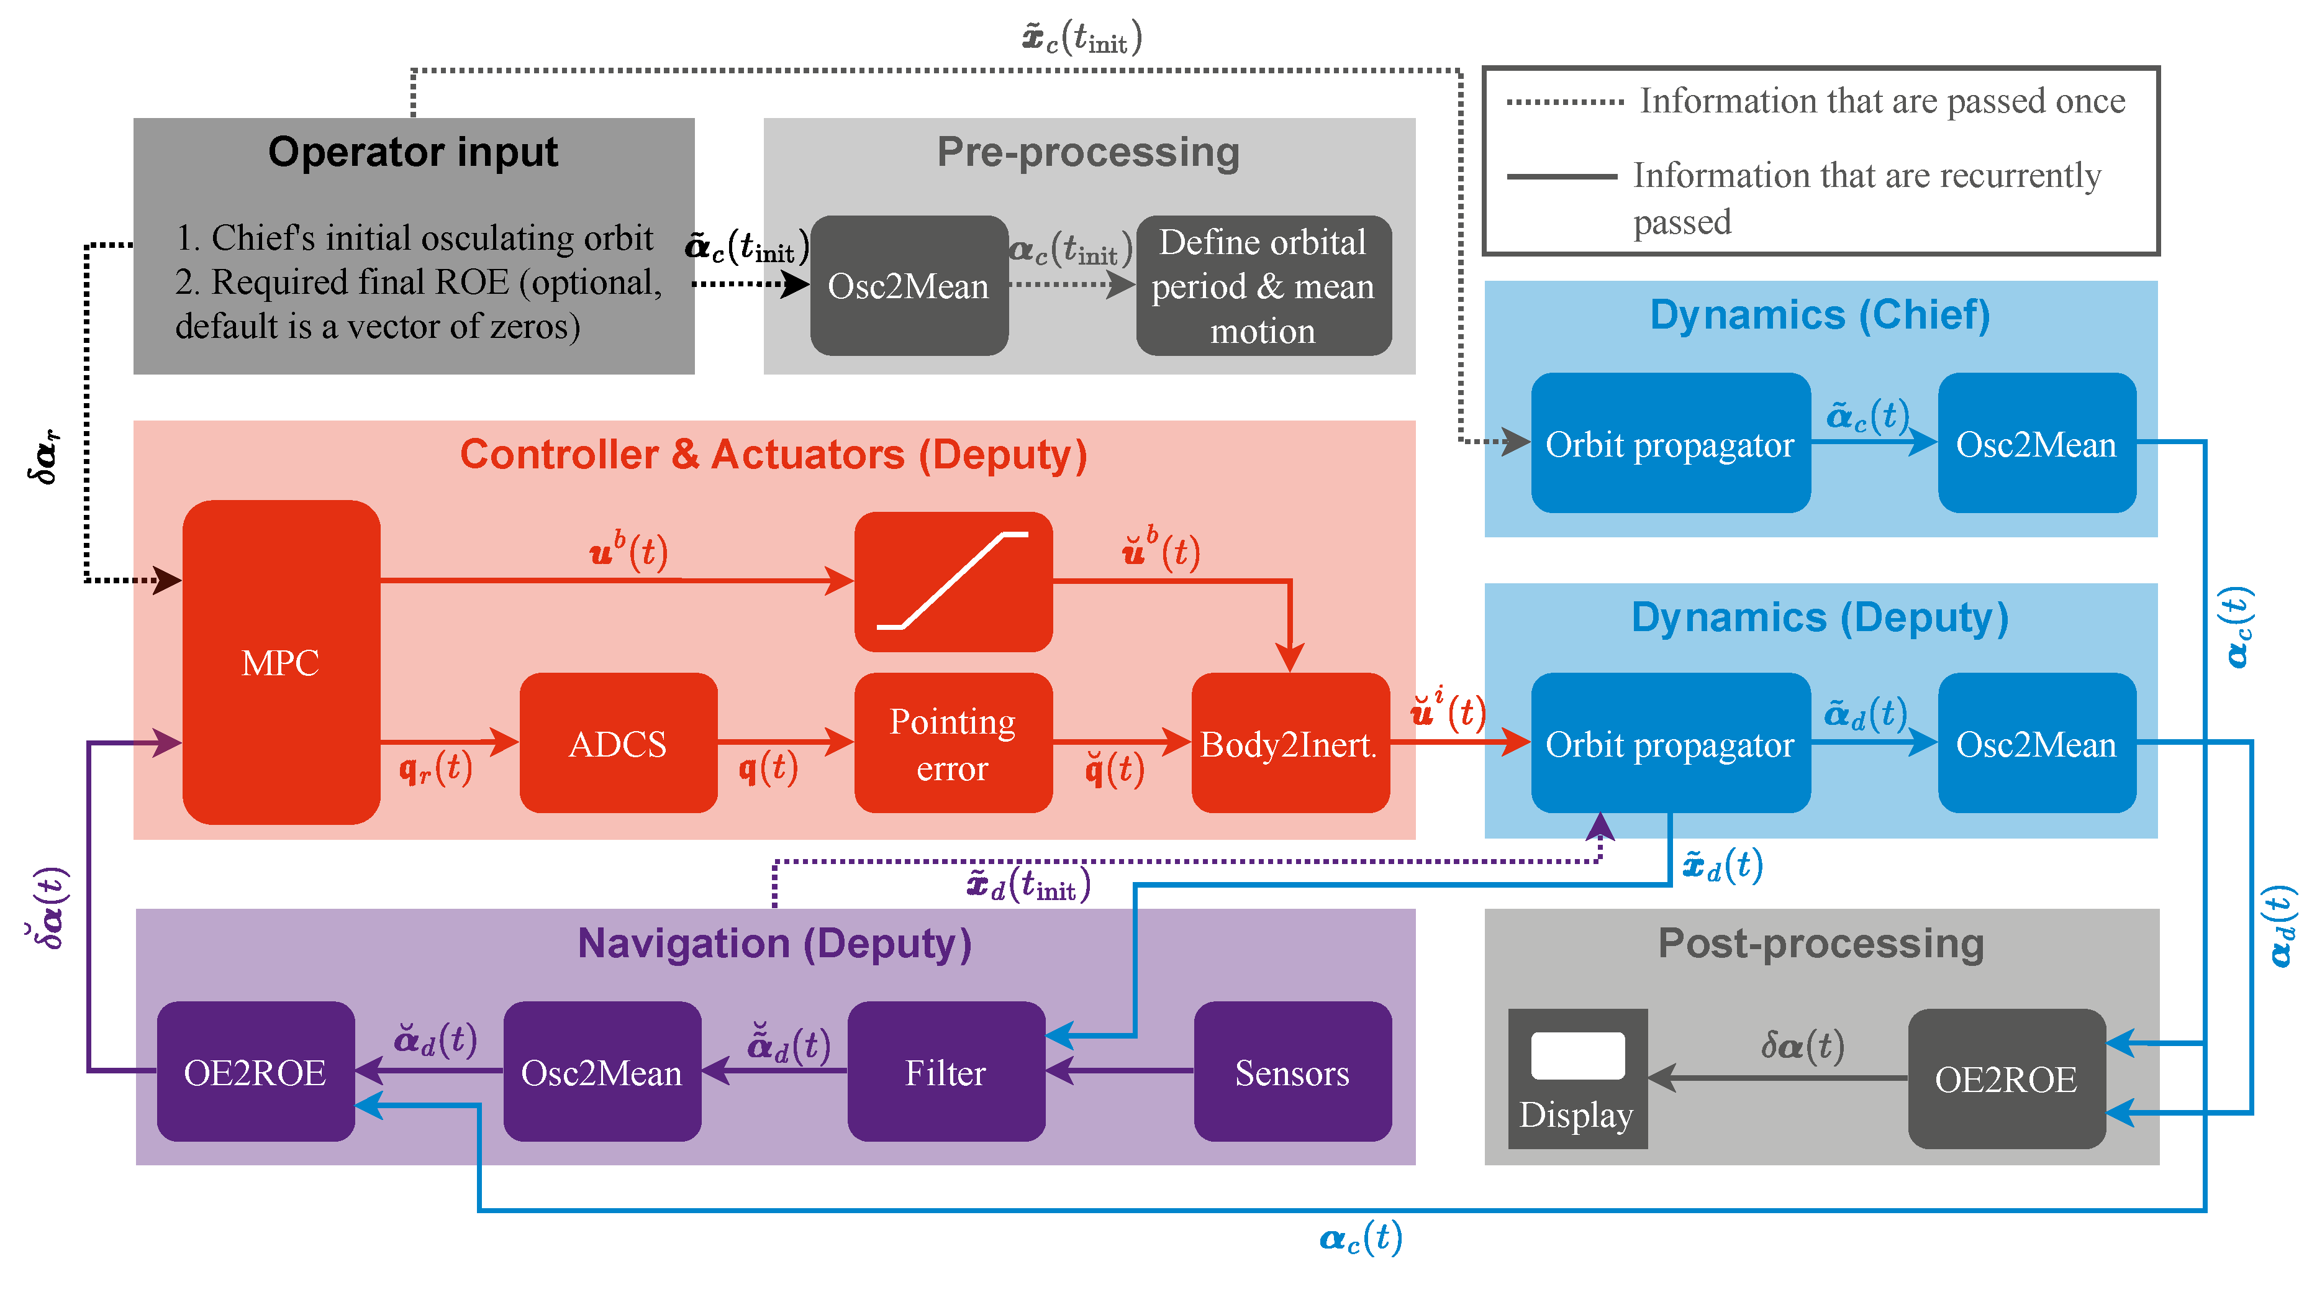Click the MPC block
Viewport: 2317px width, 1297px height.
(x=281, y=662)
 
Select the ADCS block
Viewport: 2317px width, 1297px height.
(x=618, y=743)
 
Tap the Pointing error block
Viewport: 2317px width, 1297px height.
(x=953, y=743)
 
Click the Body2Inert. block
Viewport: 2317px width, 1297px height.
(x=1289, y=743)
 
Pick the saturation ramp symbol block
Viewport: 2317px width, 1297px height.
(x=953, y=581)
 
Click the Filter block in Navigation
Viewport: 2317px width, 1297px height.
(x=945, y=1072)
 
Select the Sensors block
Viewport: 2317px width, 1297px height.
(x=1292, y=1072)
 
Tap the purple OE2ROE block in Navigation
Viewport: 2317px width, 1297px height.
(x=255, y=1072)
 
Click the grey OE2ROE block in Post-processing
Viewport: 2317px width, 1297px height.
(x=2006, y=1078)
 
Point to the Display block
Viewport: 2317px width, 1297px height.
(x=1577, y=1078)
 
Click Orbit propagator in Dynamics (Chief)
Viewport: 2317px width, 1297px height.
(x=1669, y=444)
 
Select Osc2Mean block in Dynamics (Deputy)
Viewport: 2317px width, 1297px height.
(x=2036, y=743)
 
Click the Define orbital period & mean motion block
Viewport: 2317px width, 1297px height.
(x=1263, y=285)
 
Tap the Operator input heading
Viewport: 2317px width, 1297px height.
(x=413, y=151)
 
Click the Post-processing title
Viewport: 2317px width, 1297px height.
(x=1821, y=942)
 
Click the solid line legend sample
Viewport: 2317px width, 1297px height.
(x=1561, y=176)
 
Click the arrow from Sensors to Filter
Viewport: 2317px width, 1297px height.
(x=1119, y=1070)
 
